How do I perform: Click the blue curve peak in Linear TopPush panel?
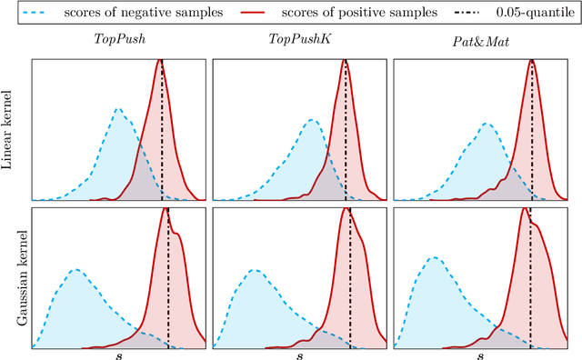tap(118, 108)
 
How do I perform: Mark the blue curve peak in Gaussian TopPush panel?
tap(75, 269)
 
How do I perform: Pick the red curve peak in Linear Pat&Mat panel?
tap(531, 61)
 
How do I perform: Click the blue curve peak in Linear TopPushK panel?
tap(311, 118)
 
